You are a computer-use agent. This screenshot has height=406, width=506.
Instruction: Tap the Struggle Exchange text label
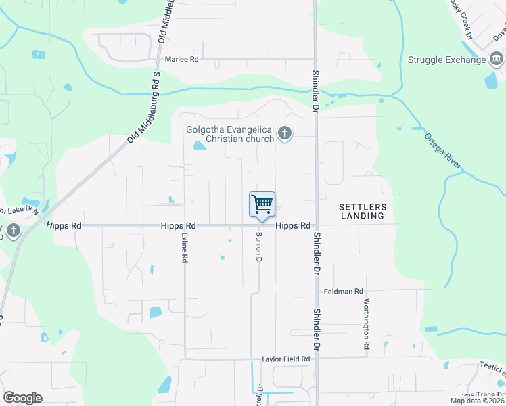tap(446, 60)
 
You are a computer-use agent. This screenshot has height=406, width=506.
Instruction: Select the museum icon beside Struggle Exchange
tap(496, 60)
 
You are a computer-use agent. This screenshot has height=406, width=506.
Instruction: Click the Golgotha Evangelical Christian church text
tap(230, 134)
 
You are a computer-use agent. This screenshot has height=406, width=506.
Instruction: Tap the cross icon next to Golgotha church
tap(285, 133)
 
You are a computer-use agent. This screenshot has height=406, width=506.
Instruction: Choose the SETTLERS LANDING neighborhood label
tap(362, 211)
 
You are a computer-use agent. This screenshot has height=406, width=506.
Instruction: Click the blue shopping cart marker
tap(262, 204)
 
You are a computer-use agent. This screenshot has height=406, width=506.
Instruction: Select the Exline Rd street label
tap(184, 248)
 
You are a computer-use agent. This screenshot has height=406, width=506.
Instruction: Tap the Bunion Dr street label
tap(258, 247)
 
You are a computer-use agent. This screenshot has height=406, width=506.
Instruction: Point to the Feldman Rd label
tap(344, 292)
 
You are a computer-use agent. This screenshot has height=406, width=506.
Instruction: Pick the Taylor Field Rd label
tap(285, 359)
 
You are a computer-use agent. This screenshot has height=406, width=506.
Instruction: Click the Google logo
tap(22, 398)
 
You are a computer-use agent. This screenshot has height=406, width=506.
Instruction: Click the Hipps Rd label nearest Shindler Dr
tap(292, 225)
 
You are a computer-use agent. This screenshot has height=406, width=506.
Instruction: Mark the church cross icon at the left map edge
tap(12, 231)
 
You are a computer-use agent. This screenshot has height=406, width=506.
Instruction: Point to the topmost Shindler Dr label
tap(315, 89)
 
